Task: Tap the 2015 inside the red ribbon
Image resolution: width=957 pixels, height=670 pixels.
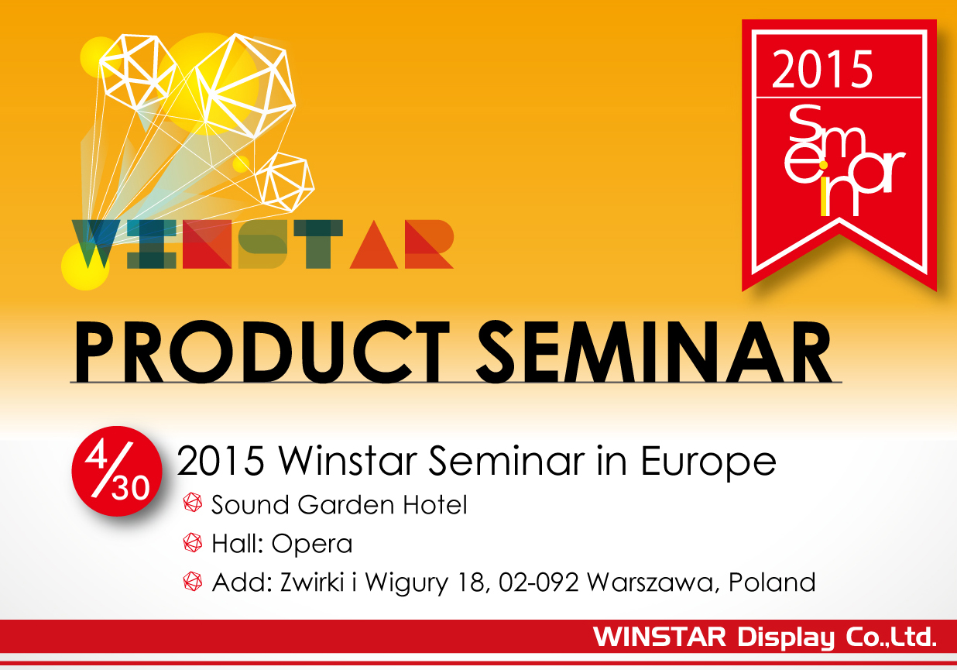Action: coord(822,70)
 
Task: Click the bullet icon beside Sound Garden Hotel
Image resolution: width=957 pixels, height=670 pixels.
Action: coord(193,505)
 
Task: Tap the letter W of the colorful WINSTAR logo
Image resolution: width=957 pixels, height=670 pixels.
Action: coord(96,244)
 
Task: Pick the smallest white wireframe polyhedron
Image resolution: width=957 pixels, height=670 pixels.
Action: coord(284,180)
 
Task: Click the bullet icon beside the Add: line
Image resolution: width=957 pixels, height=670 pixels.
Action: coord(193,582)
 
